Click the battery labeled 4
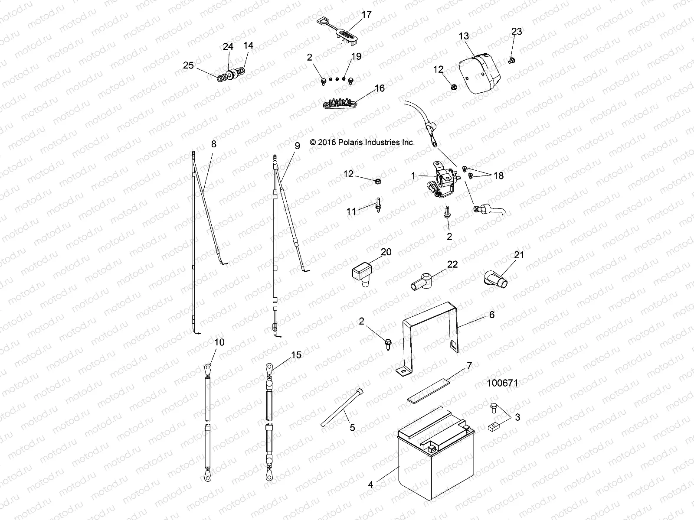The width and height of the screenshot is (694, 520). (x=436, y=459)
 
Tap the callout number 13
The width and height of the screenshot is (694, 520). (x=464, y=36)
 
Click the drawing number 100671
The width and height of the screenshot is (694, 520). (x=502, y=383)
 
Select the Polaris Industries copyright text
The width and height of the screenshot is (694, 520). (x=363, y=142)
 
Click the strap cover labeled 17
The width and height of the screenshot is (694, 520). (x=347, y=32)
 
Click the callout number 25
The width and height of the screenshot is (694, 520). (x=188, y=65)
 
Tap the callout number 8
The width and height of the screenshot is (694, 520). (x=213, y=144)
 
